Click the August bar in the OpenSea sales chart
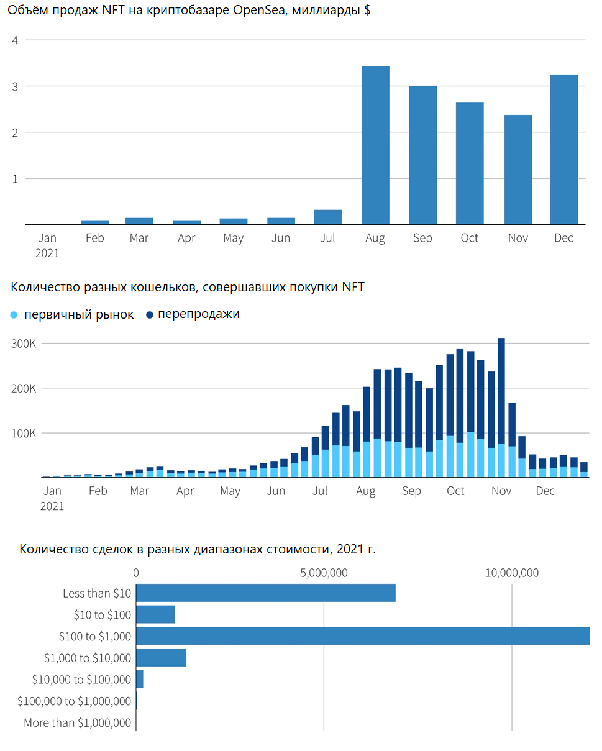point(375,145)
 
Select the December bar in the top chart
point(564,150)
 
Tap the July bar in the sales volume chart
point(328,217)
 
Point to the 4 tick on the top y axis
point(15,40)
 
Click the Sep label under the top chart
point(422,238)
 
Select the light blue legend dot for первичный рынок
point(15,315)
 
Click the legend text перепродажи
point(198,314)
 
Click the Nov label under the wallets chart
point(501,491)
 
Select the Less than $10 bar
point(265,593)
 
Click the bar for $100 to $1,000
point(362,636)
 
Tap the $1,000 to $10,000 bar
point(161,658)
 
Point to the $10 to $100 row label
point(103,615)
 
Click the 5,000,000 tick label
point(324,573)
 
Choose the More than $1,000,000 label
point(78,722)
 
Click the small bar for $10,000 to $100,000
point(140,679)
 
